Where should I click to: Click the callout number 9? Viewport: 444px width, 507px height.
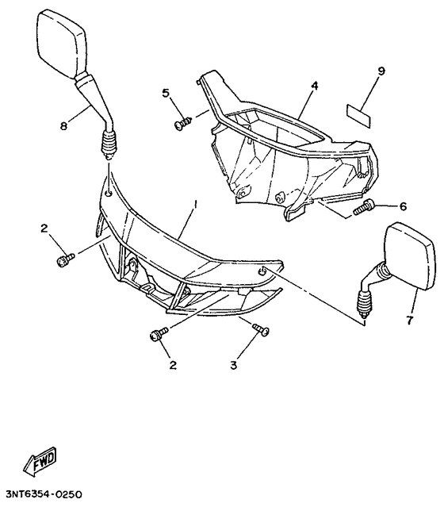(x=381, y=71)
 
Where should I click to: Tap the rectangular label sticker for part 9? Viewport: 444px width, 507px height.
(x=358, y=115)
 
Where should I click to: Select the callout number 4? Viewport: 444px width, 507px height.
(x=314, y=86)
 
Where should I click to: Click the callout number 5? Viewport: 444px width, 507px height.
(x=166, y=93)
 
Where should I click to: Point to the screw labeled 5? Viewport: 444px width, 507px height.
(x=182, y=124)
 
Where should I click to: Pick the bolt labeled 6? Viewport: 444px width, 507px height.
(x=363, y=208)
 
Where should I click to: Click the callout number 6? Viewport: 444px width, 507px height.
(x=403, y=206)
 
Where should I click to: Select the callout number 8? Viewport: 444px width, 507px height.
(x=64, y=125)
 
